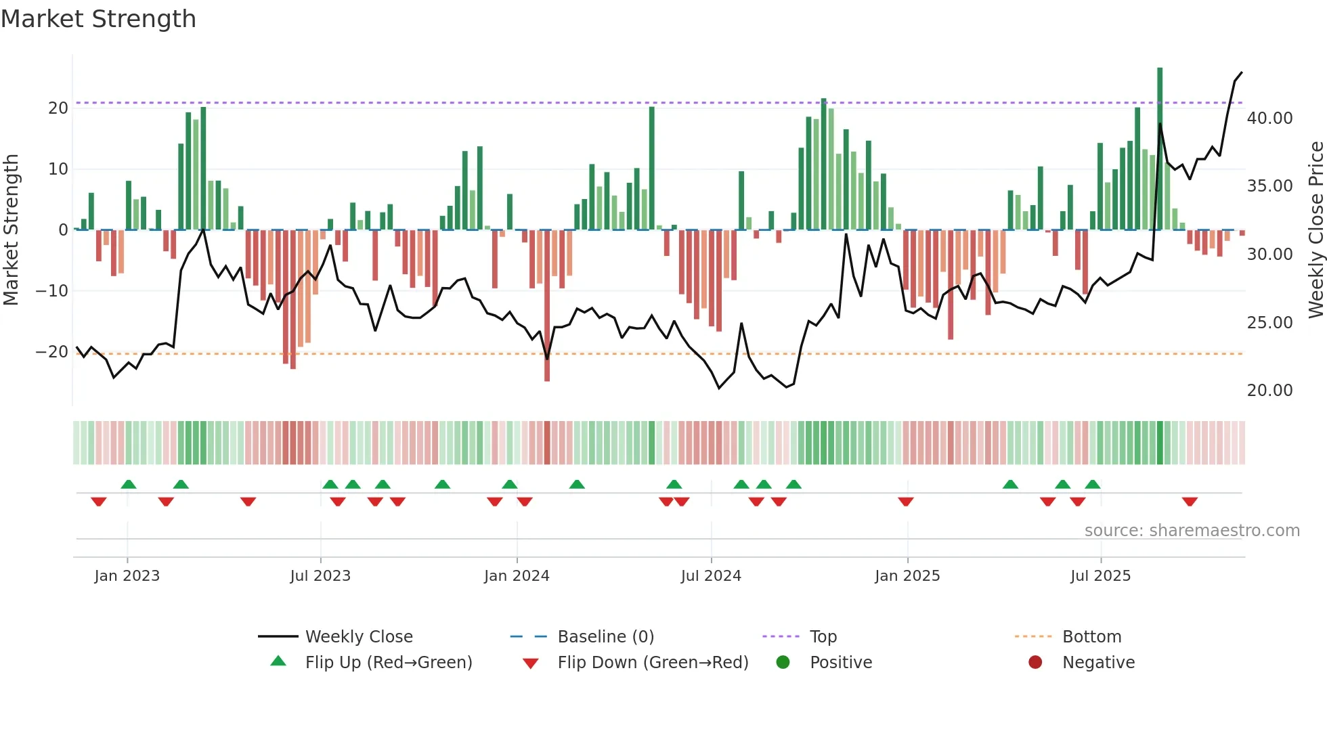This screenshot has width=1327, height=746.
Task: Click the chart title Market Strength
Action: (98, 19)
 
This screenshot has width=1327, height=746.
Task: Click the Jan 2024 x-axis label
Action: (517, 576)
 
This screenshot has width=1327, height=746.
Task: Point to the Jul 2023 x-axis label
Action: (320, 576)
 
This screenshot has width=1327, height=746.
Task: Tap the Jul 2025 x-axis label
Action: (1100, 576)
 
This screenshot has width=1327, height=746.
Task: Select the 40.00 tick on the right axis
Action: (1269, 118)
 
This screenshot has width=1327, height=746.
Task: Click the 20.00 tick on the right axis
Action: (1269, 391)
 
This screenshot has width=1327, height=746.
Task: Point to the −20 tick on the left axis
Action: (52, 352)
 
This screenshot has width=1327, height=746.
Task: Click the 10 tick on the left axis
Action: (58, 169)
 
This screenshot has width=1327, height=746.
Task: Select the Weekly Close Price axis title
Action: (1315, 230)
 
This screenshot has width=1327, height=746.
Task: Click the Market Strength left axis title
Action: (11, 230)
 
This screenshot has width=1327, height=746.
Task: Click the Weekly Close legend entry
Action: (358, 637)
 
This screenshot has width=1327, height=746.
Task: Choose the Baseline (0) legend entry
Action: (605, 637)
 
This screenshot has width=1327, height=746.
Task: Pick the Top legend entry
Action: (823, 637)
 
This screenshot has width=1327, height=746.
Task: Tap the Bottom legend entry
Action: (1091, 637)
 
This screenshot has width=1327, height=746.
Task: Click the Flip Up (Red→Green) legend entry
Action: (388, 663)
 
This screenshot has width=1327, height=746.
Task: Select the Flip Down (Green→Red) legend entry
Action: (653, 663)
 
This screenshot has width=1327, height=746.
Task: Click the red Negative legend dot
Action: (1035, 663)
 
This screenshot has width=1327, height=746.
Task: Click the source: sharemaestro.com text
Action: (1192, 531)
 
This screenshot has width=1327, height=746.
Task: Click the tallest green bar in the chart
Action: (1160, 149)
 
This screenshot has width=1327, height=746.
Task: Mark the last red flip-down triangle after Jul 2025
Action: (1190, 502)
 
